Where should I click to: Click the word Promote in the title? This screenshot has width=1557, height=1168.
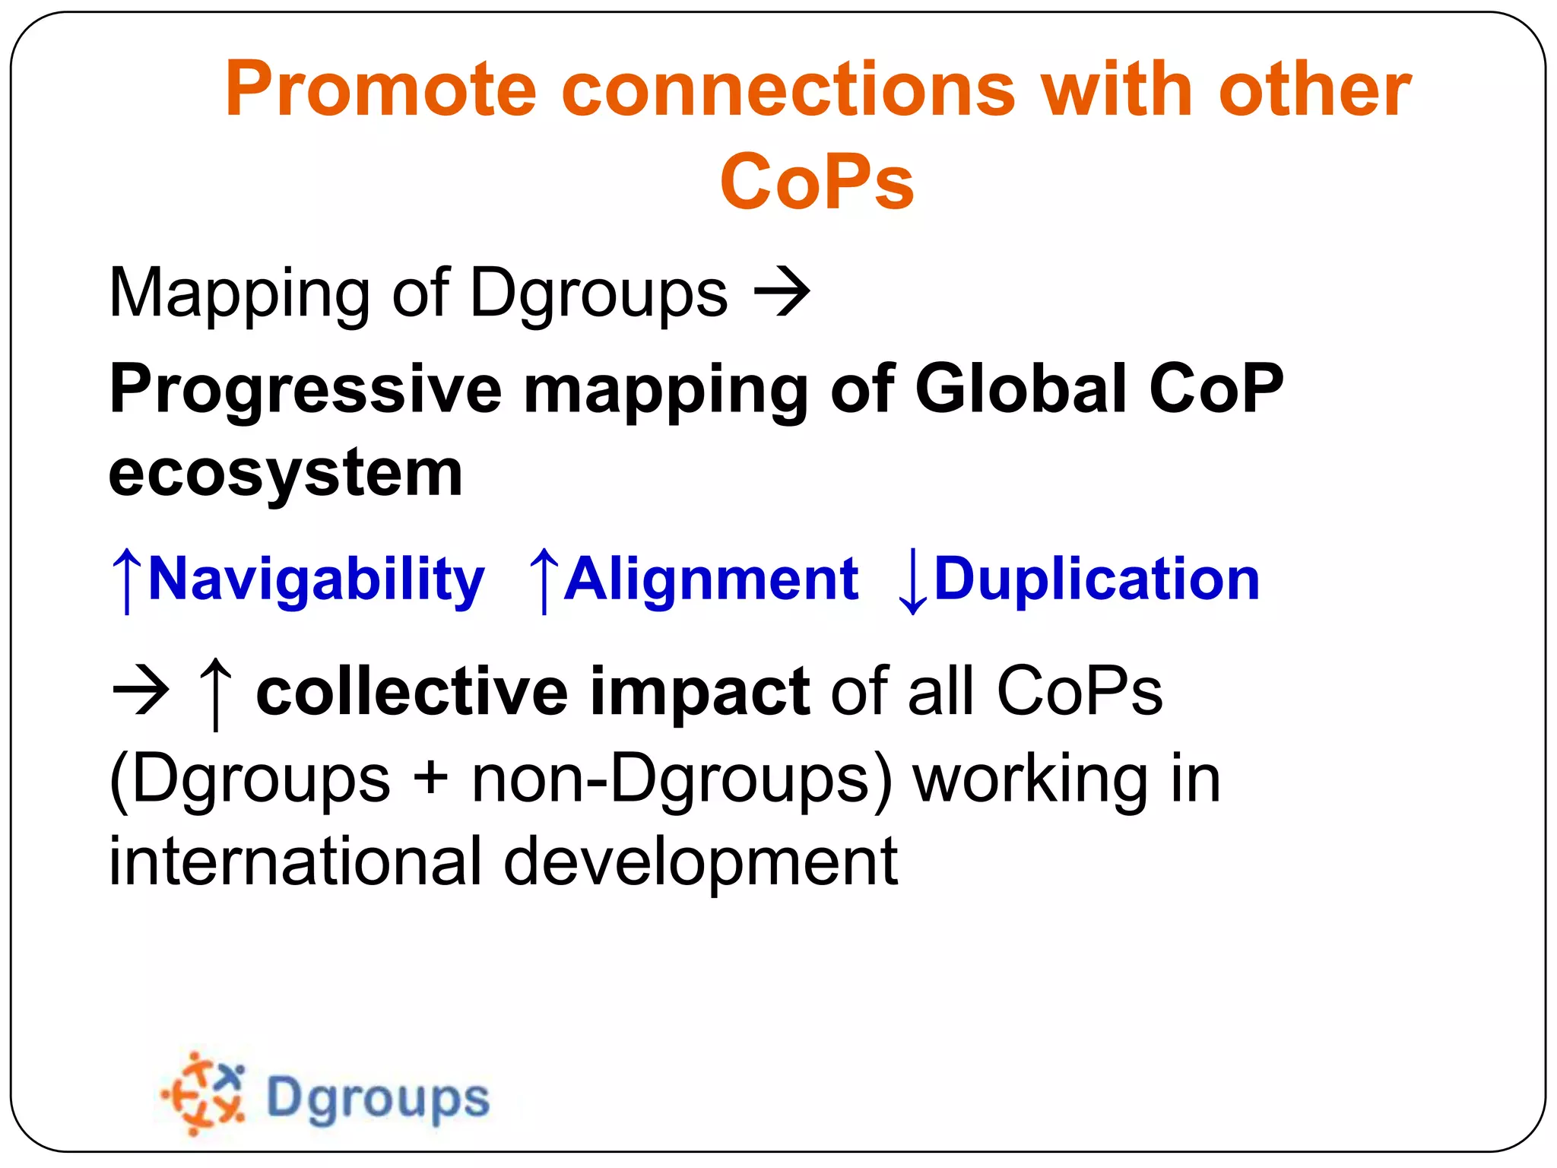[x=381, y=90]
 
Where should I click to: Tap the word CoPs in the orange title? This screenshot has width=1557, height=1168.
[x=817, y=182]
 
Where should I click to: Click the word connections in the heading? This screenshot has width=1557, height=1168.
[x=788, y=90]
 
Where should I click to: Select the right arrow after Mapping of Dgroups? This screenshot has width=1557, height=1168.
[x=782, y=292]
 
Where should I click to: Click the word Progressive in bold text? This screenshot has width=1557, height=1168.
[x=305, y=389]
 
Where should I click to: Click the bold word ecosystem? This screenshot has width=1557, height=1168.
[x=285, y=473]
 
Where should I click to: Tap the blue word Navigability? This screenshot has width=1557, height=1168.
[x=316, y=579]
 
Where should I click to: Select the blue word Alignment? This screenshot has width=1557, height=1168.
[x=712, y=579]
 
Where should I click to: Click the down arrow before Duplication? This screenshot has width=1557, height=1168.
[x=912, y=582]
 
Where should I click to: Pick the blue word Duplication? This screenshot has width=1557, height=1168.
[x=1096, y=579]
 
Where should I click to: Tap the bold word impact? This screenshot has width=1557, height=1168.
[x=699, y=692]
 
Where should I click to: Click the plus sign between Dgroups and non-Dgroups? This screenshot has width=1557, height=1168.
[x=431, y=779]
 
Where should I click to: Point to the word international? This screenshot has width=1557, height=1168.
[x=295, y=862]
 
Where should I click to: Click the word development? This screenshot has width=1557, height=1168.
[x=699, y=862]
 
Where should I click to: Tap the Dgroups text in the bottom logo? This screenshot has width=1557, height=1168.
[x=378, y=1098]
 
